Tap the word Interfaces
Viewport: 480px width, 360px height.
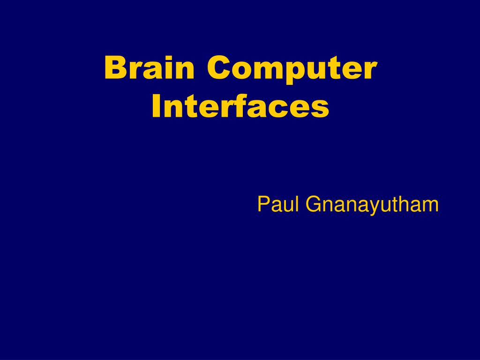tap(240, 107)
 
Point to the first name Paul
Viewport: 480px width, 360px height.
tap(278, 204)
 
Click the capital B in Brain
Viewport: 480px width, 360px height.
tap(114, 68)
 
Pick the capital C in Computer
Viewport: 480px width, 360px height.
tap(218, 68)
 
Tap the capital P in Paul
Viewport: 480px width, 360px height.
tap(263, 204)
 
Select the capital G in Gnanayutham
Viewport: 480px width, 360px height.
tap(314, 204)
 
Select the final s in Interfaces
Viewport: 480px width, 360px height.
tap(320, 110)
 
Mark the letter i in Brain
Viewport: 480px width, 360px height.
tap(167, 68)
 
